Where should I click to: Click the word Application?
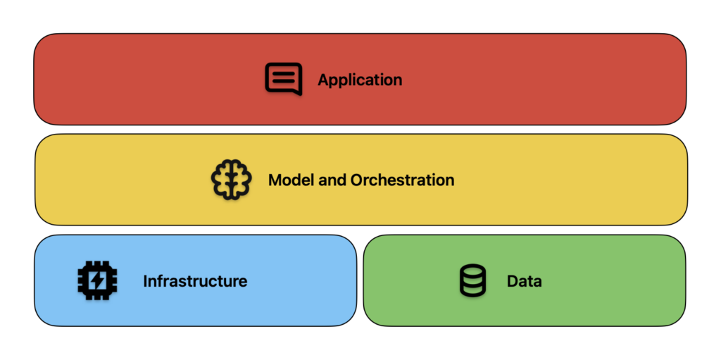tap(360, 80)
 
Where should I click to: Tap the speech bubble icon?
tap(284, 79)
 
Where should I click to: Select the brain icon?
tap(231, 179)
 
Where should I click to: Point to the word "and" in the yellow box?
tap(328, 180)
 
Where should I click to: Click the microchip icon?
tap(97, 280)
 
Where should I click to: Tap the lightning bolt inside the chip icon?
tap(97, 280)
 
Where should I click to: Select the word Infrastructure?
tap(195, 281)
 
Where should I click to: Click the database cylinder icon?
tap(472, 280)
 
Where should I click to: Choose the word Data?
tap(524, 281)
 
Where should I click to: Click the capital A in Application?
tap(323, 79)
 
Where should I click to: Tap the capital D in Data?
tap(513, 281)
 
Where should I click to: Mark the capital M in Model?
tap(275, 180)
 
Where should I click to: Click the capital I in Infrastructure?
tap(145, 281)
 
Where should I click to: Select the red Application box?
tap(360, 79)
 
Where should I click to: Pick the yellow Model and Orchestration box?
tap(361, 180)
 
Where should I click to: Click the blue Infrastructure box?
tap(196, 280)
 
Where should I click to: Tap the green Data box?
tap(525, 280)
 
